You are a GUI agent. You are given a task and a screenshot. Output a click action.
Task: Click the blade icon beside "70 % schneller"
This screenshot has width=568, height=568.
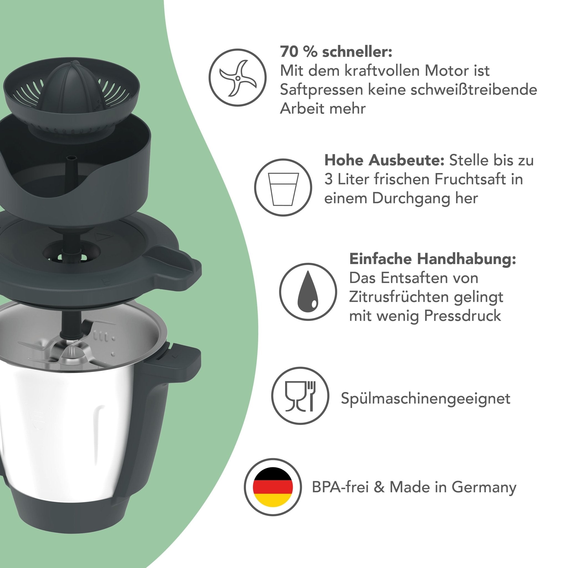238,78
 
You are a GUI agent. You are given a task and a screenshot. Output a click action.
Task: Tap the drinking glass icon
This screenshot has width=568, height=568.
283,187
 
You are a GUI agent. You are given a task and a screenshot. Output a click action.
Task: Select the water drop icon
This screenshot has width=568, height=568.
308,292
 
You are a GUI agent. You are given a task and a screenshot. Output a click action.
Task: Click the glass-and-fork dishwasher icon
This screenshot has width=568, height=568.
300,395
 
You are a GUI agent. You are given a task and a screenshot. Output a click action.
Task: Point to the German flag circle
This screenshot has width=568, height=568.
273,487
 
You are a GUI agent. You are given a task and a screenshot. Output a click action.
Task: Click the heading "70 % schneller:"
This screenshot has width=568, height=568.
336,52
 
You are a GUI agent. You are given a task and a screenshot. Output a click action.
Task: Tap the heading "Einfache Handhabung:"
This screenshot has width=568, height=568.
432,259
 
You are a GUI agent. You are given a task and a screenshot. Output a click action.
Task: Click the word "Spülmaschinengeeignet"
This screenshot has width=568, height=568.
425,399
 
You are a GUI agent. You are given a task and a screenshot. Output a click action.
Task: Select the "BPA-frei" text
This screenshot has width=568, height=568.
340,487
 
